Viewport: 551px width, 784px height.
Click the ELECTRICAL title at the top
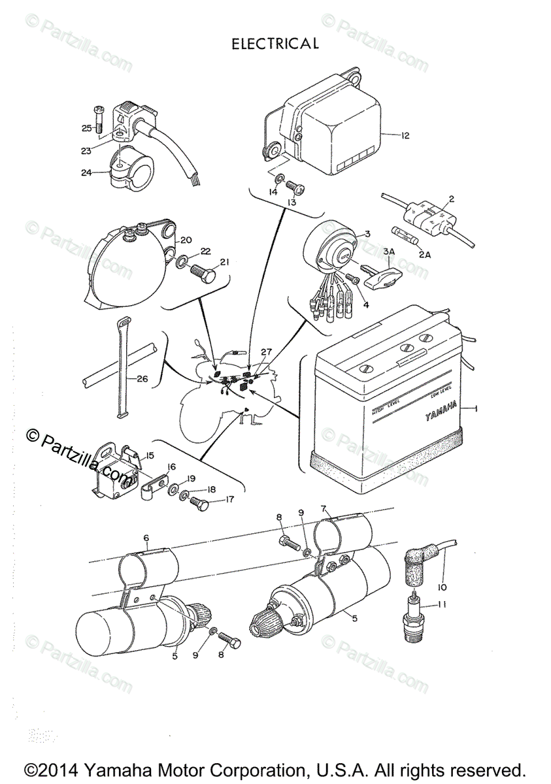coord(275,44)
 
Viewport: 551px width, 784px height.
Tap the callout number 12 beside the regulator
coord(405,136)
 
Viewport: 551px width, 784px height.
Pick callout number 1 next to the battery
coord(476,408)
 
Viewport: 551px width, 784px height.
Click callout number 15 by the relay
coord(149,455)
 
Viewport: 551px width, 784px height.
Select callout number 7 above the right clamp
coord(323,508)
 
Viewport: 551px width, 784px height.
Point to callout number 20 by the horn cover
coord(186,238)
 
